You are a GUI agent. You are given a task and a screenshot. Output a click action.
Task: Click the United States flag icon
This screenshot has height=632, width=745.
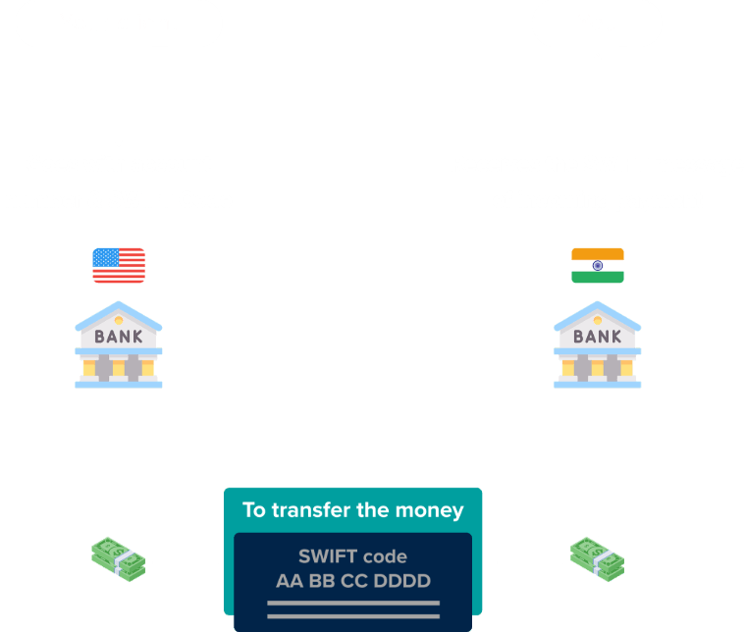tap(119, 265)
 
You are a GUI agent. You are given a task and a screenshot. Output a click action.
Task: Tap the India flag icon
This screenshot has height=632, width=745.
tap(597, 265)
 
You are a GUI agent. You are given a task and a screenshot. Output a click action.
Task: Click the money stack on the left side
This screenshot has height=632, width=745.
tap(119, 557)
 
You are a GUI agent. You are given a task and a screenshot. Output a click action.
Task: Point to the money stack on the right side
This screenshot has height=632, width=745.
tap(597, 556)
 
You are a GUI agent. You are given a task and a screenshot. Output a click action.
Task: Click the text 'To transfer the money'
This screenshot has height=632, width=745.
tap(352, 510)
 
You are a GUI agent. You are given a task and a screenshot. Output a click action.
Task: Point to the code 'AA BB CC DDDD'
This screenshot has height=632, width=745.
tap(352, 581)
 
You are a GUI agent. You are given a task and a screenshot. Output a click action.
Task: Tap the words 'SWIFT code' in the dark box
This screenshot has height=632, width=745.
tap(352, 557)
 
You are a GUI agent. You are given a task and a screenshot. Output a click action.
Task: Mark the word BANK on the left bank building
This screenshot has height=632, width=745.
tap(119, 337)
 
